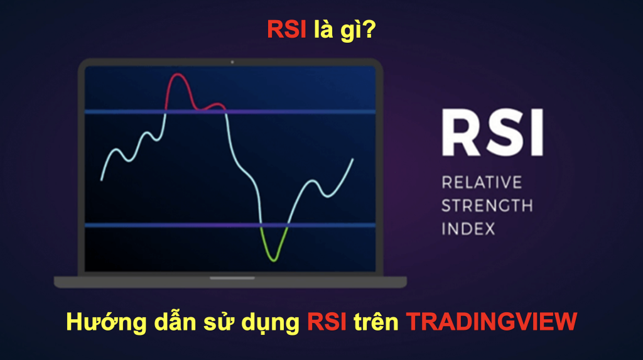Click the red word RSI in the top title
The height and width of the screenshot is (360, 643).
click(286, 30)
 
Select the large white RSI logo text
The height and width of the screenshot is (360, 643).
click(490, 133)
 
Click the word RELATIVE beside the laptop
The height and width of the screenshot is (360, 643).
click(482, 183)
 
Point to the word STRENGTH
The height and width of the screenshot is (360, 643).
click(487, 205)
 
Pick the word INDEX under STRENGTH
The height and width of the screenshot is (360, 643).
click(468, 228)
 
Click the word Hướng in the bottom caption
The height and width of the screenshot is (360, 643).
click(103, 322)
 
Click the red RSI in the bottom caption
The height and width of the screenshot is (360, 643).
click(327, 322)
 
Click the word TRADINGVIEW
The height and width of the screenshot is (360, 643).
click(491, 322)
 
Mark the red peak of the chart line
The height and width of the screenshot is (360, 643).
click(179, 75)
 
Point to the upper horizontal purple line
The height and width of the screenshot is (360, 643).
click(230, 112)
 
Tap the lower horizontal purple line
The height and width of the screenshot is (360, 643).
click(230, 225)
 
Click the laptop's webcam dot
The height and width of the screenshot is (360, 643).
click(232, 62)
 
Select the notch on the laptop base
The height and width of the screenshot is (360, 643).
click(232, 278)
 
